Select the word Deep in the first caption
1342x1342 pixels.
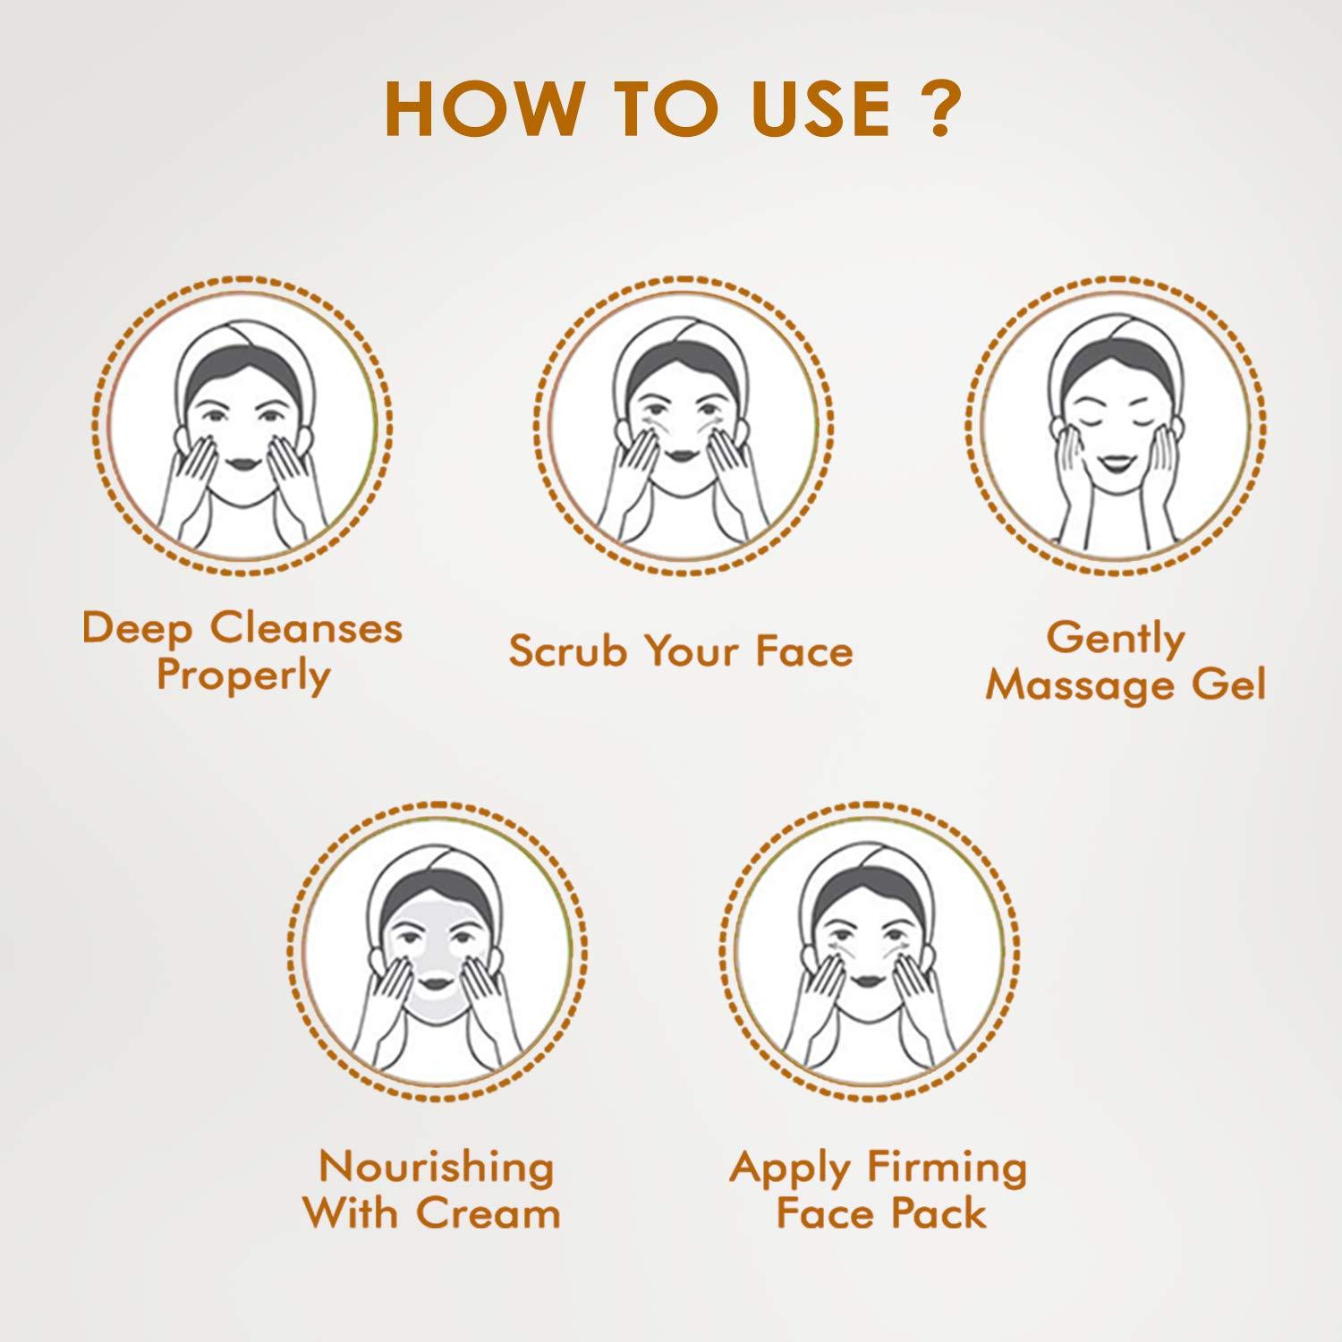pyautogui.click(x=137, y=630)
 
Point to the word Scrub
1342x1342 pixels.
pyautogui.click(x=568, y=651)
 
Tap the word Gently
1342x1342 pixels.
pyautogui.click(x=1116, y=639)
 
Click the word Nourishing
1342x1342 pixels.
pyautogui.click(x=436, y=1168)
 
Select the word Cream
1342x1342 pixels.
pyautogui.click(x=488, y=1214)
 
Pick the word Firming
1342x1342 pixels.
pyautogui.click(x=947, y=1168)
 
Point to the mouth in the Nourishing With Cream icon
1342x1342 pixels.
pyautogui.click(x=438, y=981)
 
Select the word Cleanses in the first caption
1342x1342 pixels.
pyautogui.click(x=307, y=628)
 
